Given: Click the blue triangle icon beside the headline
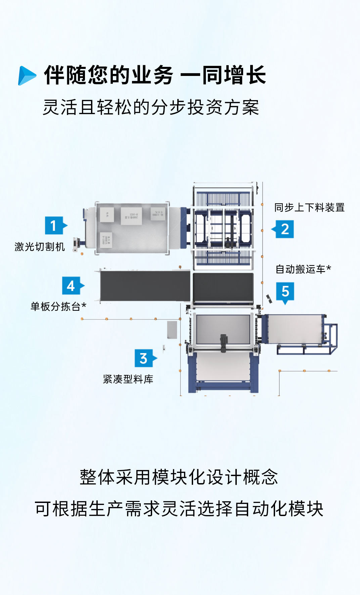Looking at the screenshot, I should click(27, 76).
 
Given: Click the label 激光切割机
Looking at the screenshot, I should click(40, 247).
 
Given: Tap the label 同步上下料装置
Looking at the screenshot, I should click(309, 208).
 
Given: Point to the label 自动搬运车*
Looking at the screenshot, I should click(303, 269).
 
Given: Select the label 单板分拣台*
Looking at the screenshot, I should click(58, 306).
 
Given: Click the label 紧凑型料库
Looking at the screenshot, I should click(128, 379).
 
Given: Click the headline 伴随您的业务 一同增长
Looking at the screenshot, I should click(155, 75).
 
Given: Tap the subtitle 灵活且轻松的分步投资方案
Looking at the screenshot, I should click(151, 108).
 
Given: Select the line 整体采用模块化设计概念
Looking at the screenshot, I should click(179, 477).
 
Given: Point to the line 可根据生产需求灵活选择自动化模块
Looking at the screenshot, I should click(179, 509).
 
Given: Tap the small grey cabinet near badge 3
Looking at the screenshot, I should click(172, 330).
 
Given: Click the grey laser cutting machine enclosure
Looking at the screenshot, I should click(133, 228).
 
